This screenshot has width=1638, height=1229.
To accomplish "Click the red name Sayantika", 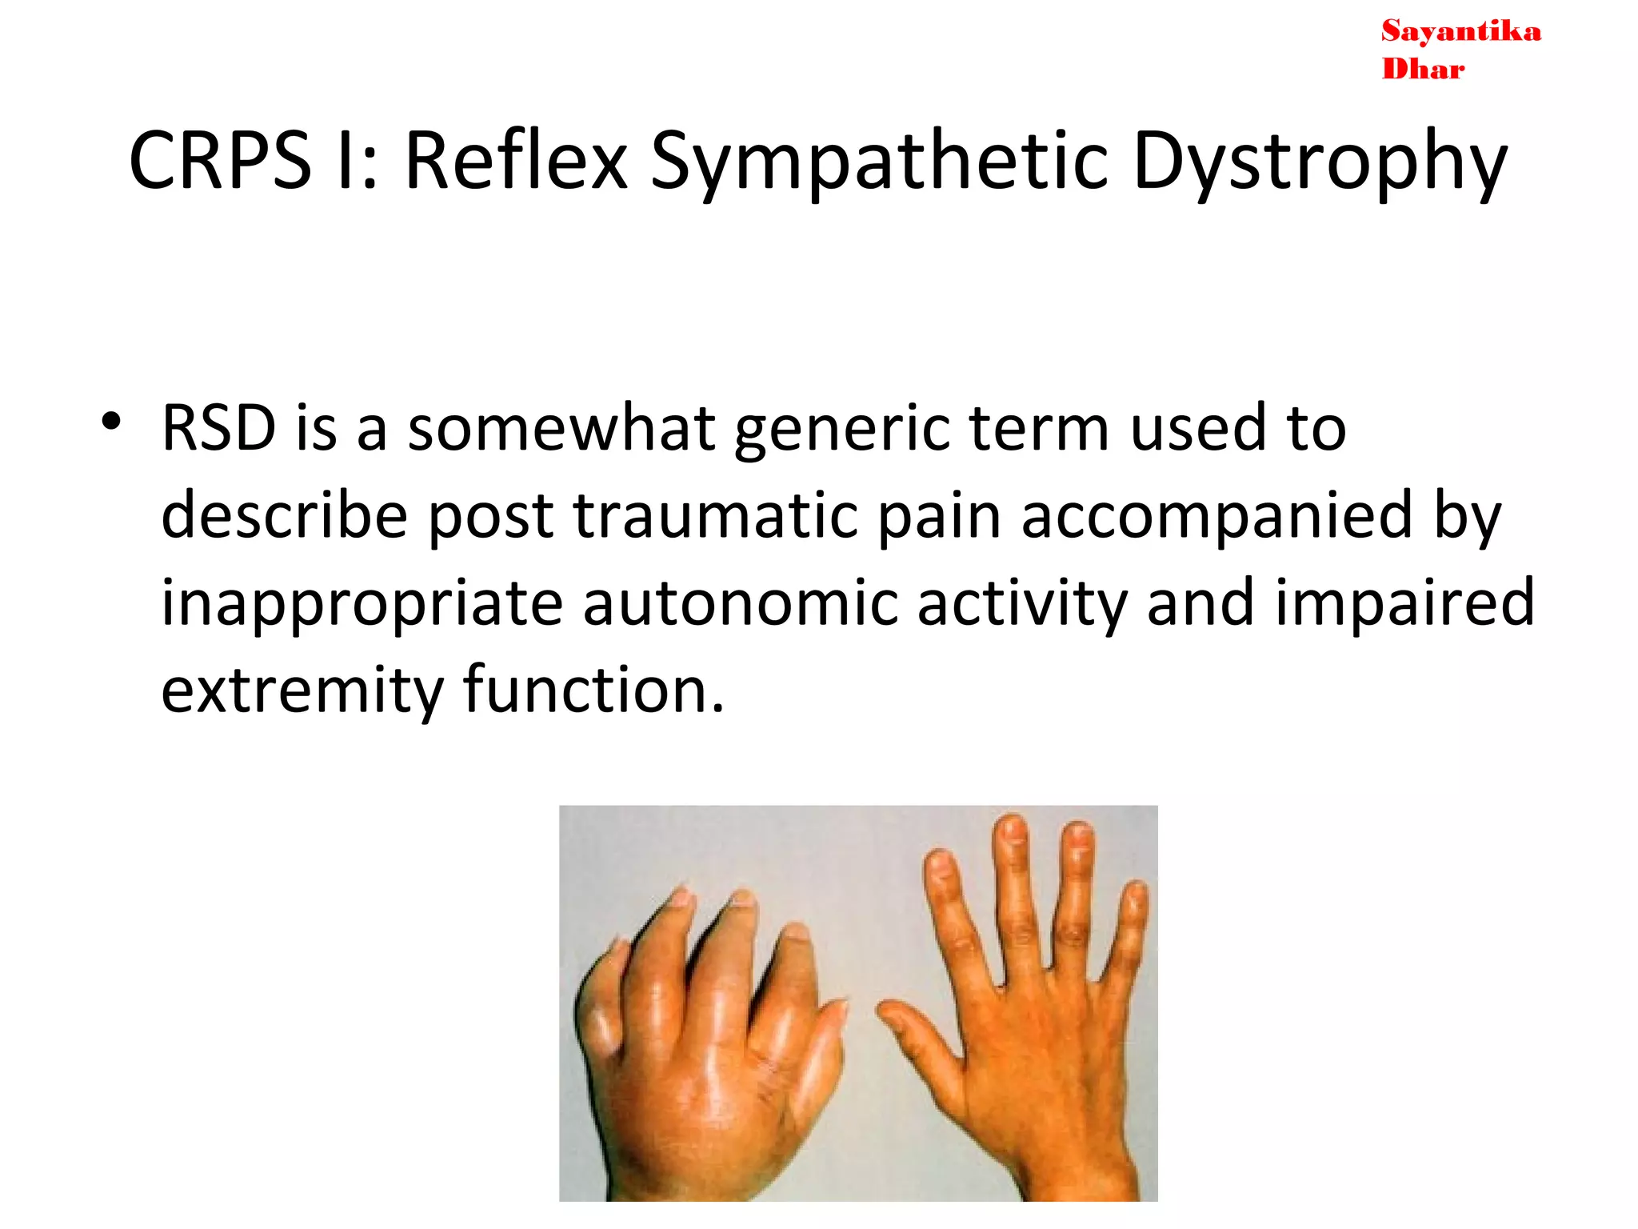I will coord(1460,32).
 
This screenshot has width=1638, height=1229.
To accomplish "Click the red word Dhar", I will coord(1423,70).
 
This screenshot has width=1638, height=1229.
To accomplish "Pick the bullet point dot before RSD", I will coord(111,422).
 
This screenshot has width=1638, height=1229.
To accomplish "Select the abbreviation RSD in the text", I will coord(218,429).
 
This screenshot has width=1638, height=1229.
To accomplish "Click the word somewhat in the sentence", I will coord(561,429).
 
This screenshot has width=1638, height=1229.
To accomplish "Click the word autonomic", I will coord(740,603).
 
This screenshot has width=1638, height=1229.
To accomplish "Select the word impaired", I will coord(1404,603).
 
